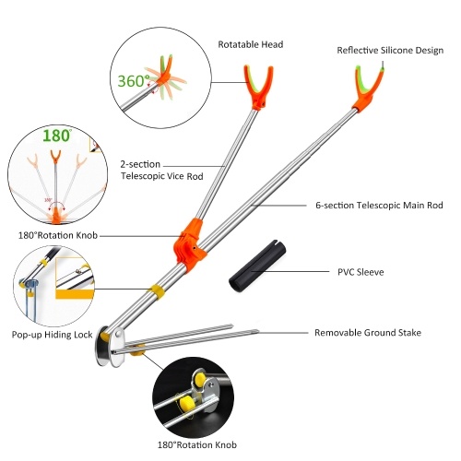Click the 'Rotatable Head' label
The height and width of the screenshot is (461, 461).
[x=251, y=44]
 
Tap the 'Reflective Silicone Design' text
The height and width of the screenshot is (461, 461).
[x=390, y=51]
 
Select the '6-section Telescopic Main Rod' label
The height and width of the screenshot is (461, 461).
[x=379, y=205]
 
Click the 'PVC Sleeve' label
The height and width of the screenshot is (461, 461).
[x=361, y=272]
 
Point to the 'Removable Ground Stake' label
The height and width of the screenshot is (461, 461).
[x=368, y=333]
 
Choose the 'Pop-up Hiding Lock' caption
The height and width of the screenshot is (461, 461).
[x=52, y=335]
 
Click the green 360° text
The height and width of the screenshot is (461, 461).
[x=134, y=81]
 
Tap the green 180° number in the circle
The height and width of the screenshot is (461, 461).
[x=57, y=136]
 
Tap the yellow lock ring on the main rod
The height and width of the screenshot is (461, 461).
[x=157, y=291]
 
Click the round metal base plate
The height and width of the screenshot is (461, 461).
[x=104, y=346]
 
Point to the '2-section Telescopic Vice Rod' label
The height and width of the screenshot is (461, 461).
[x=161, y=171]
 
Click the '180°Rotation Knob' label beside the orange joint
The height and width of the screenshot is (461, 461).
[x=58, y=235]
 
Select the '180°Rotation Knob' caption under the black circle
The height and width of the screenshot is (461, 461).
[x=197, y=444]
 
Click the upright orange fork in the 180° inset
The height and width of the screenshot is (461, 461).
[x=55, y=158]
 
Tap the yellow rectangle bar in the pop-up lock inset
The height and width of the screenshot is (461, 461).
[x=75, y=294]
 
